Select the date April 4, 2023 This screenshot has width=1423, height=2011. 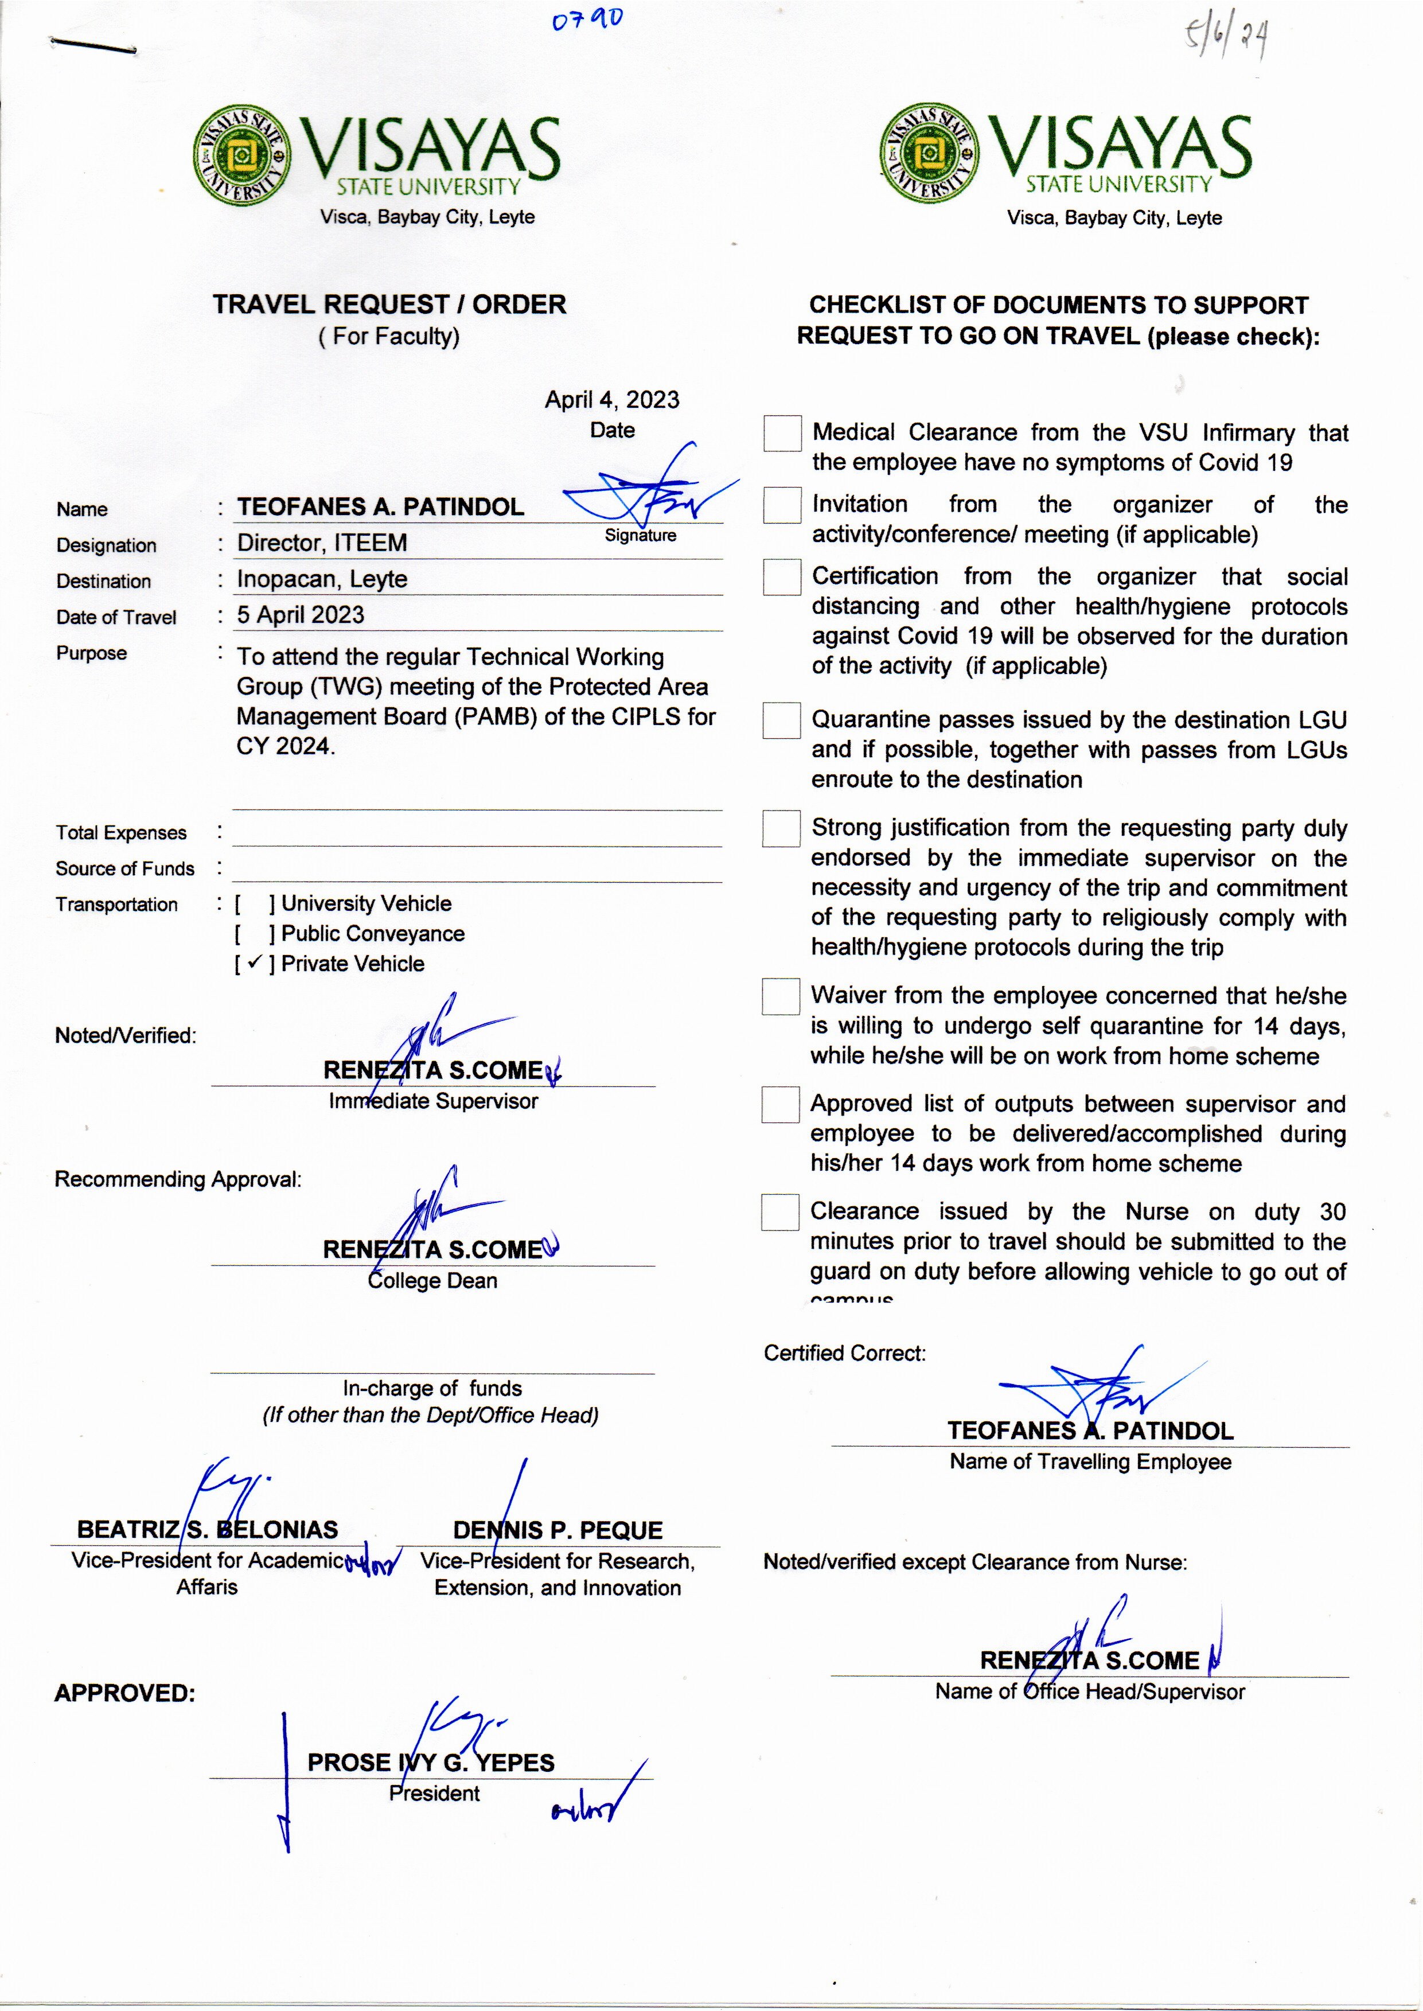(611, 400)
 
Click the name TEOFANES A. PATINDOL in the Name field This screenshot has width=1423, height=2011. (380, 506)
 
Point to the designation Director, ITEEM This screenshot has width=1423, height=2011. (322, 543)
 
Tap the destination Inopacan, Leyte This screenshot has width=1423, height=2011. (322, 579)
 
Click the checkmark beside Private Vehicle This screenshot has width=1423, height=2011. (254, 963)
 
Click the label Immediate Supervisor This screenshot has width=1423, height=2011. (433, 1101)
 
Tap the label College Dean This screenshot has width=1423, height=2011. (433, 1280)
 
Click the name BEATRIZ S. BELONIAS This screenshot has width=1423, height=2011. (207, 1530)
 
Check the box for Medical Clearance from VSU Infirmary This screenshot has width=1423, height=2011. (782, 433)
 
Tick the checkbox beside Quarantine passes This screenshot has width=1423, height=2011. (781, 720)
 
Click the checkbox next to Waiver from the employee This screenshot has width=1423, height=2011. (780, 996)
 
